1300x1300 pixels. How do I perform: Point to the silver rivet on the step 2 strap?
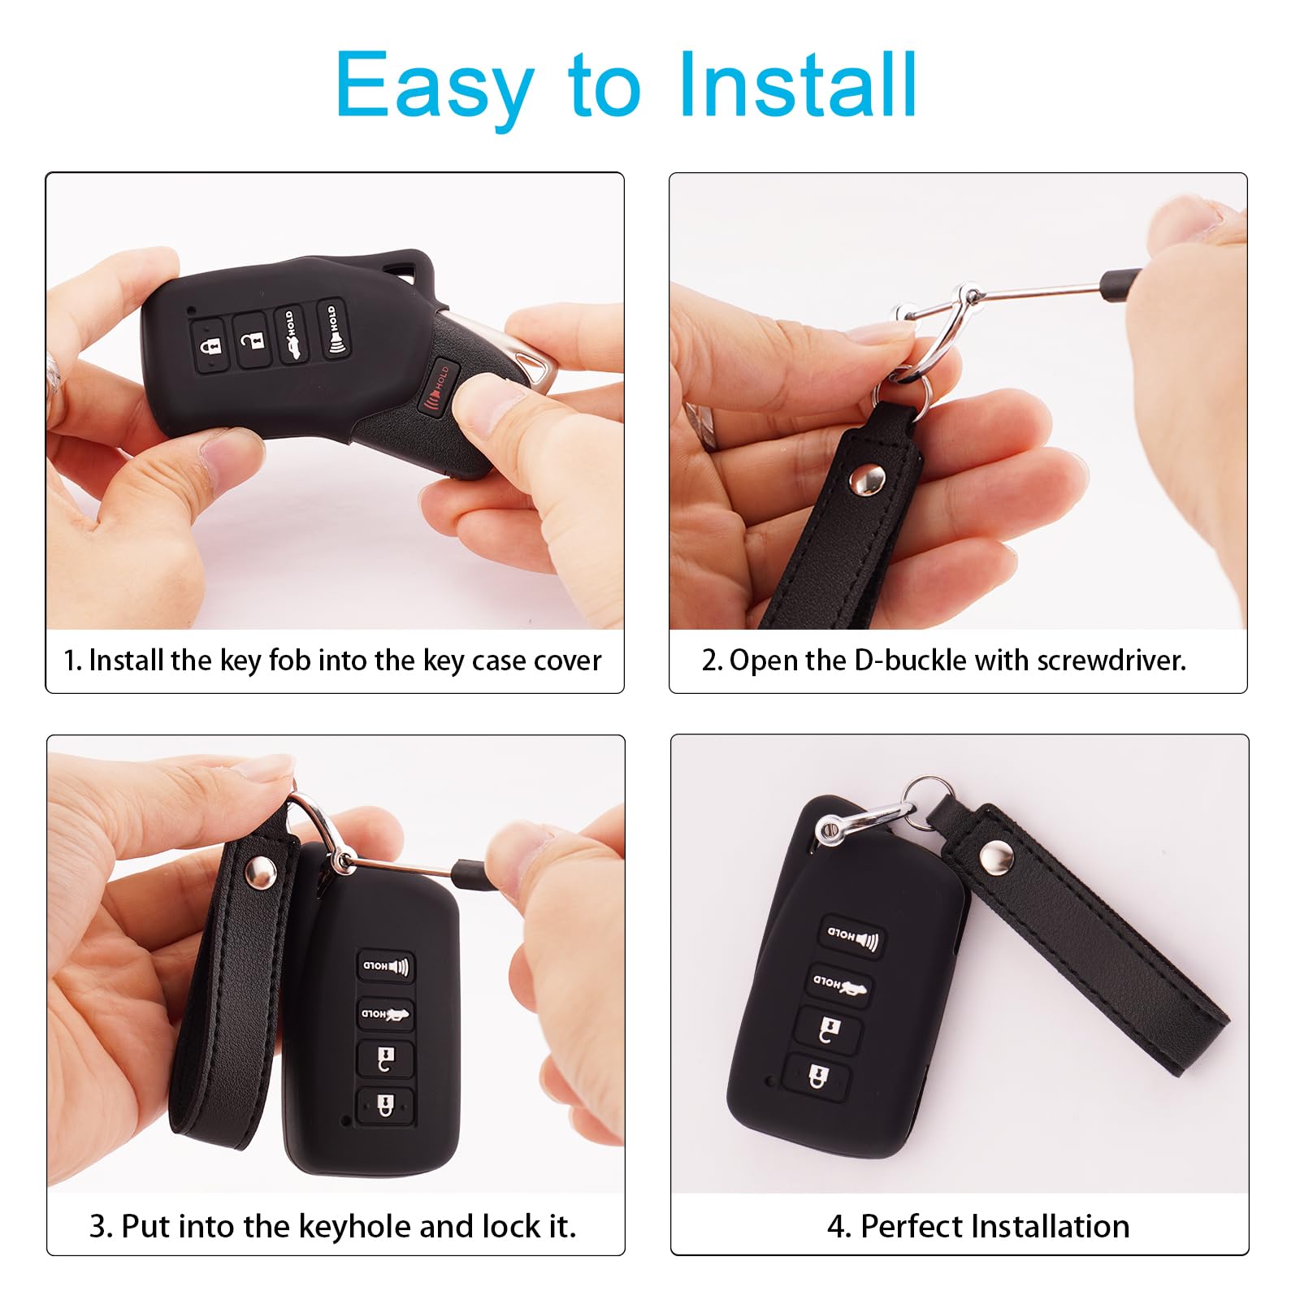[866, 481]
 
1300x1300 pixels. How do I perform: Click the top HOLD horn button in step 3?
[387, 966]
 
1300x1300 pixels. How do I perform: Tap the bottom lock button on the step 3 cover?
[385, 1105]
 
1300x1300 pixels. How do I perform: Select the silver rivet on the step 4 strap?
[995, 856]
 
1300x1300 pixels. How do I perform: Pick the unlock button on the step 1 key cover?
[253, 335]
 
